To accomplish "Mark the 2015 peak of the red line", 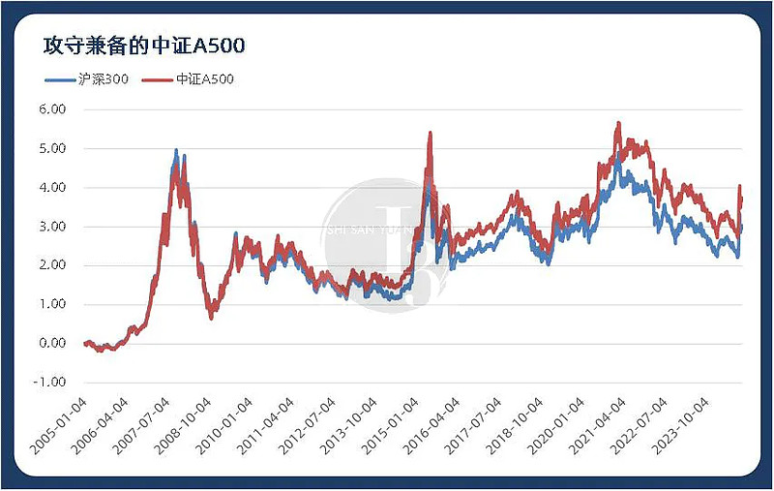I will [x=430, y=133].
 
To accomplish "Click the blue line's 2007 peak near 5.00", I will [x=175, y=150].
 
